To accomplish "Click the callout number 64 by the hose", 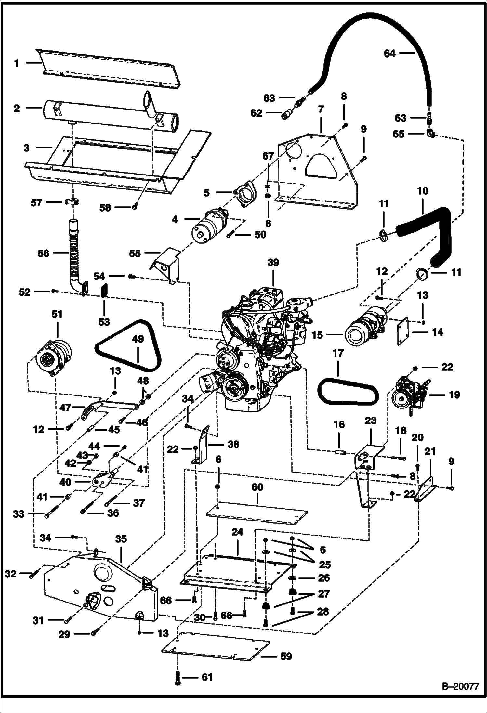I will click(389, 53).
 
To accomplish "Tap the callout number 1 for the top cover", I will click(17, 63).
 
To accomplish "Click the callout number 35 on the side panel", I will click(121, 539).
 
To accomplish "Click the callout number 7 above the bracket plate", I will click(321, 110).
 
